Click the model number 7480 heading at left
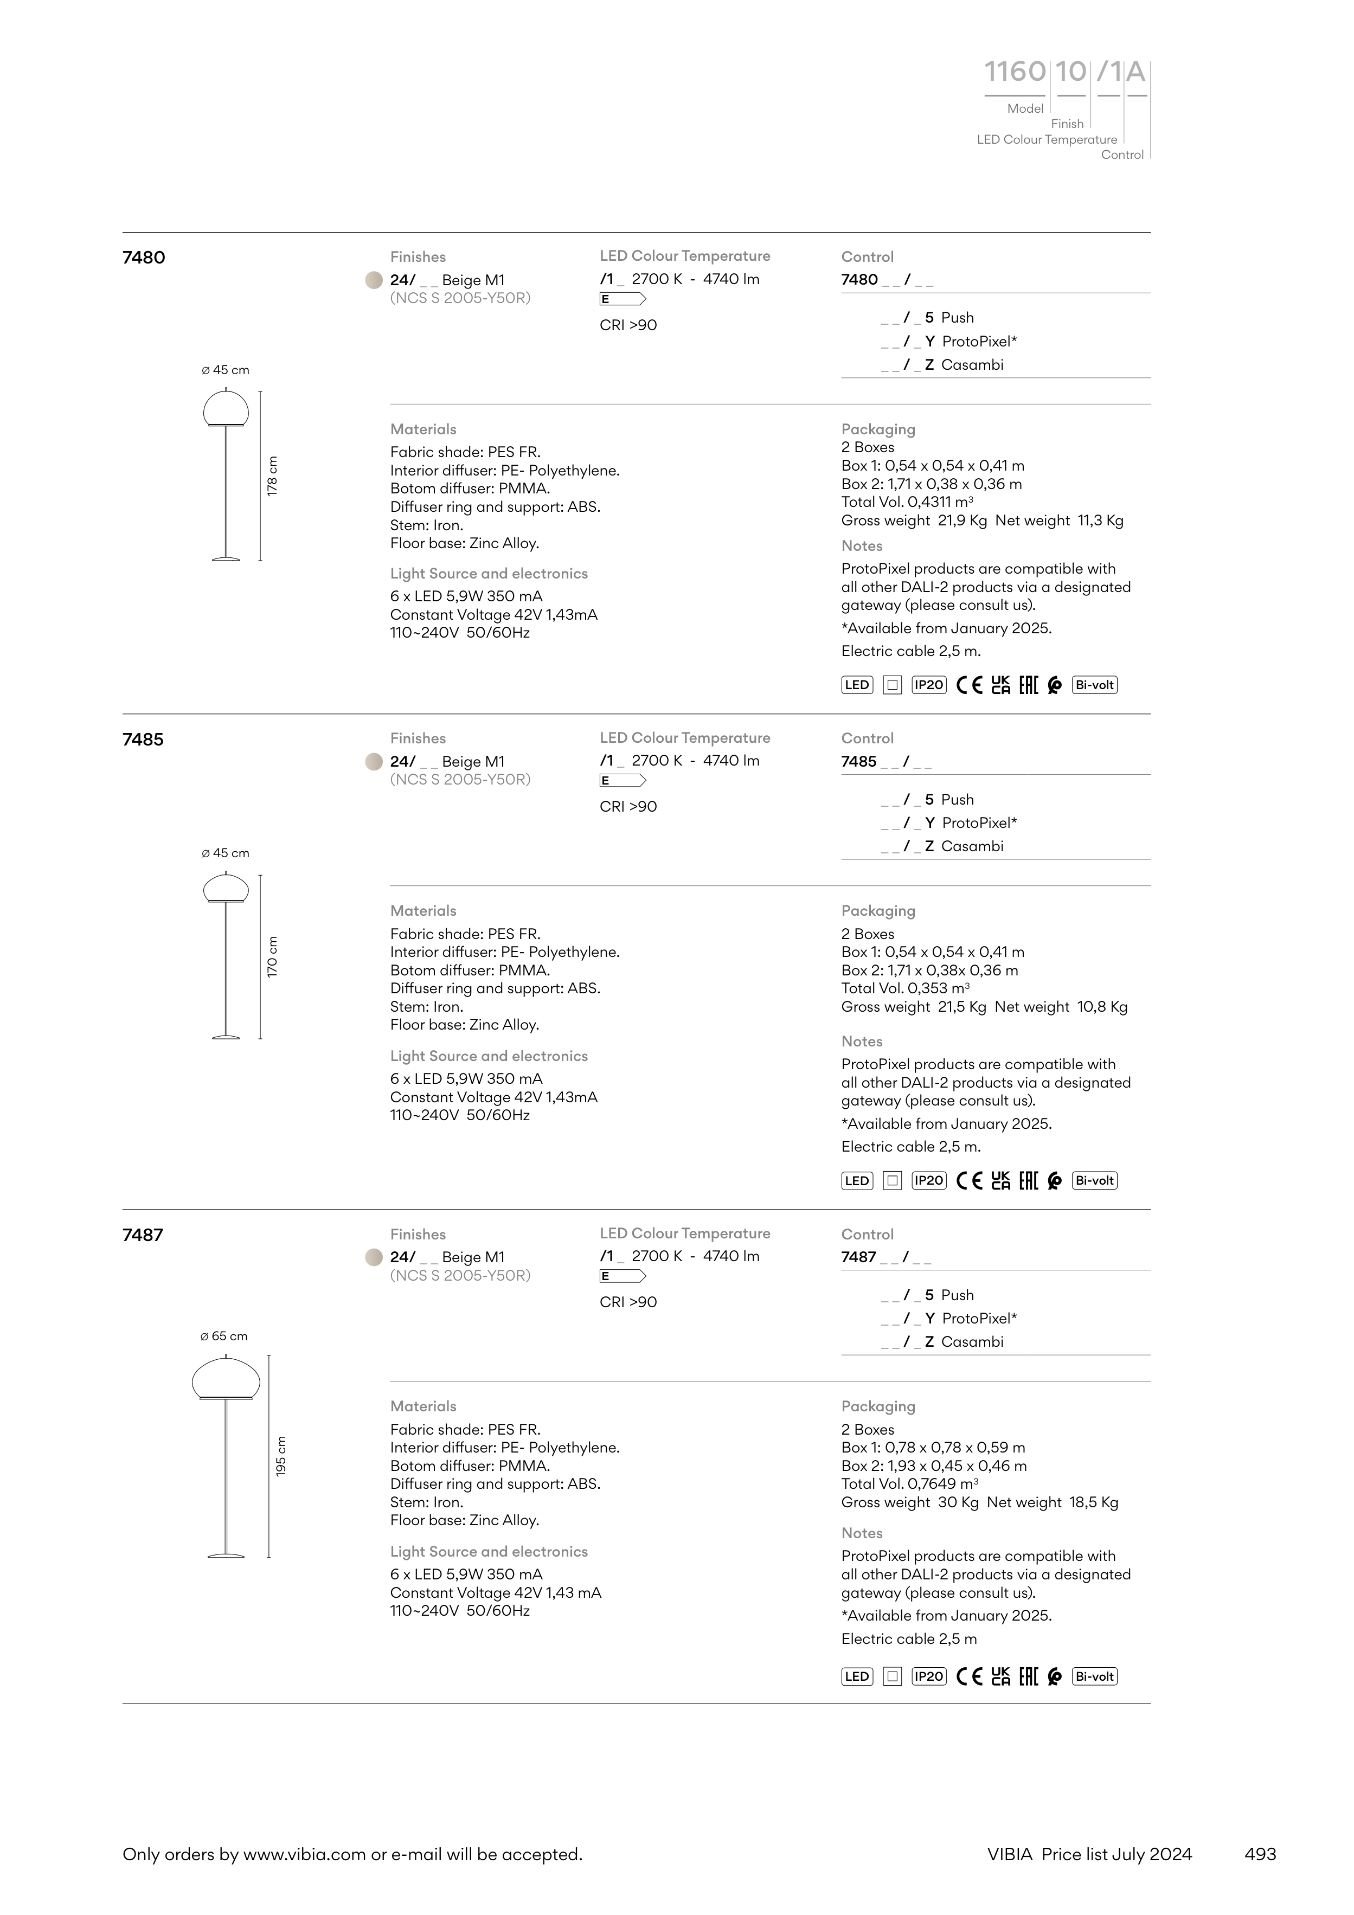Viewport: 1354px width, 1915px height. pos(144,258)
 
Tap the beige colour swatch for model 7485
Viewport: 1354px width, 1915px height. pos(374,761)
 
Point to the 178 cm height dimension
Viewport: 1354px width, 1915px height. pos(272,476)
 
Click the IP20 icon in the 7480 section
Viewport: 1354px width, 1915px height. pos(928,685)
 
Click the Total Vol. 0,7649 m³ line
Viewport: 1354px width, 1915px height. pos(909,1484)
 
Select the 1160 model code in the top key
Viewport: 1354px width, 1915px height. pos(1015,73)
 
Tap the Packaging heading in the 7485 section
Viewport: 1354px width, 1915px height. pos(878,911)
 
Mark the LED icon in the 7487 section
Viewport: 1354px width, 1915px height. pos(857,1676)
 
